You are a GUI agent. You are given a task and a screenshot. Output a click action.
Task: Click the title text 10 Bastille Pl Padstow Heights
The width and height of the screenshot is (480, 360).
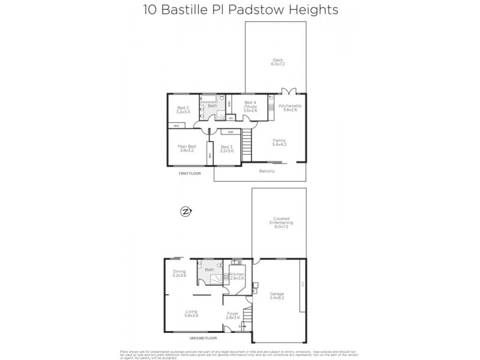click(240, 10)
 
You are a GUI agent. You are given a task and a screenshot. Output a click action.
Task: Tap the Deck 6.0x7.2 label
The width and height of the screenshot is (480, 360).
click(277, 62)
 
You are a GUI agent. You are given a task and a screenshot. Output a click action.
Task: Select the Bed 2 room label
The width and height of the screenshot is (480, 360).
click(183, 110)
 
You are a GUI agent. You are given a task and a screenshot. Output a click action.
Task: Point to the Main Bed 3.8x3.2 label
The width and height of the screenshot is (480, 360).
click(187, 148)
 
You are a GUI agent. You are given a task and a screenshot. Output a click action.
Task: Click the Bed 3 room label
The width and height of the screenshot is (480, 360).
click(226, 149)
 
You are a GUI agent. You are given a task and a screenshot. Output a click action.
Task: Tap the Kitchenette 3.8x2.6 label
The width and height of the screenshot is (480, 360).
click(290, 108)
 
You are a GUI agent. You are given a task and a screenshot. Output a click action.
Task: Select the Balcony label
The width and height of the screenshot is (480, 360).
click(267, 172)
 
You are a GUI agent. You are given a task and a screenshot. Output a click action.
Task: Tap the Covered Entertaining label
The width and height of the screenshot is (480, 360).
click(278, 223)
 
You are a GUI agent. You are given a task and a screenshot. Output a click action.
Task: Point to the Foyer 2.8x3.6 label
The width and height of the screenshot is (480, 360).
click(233, 316)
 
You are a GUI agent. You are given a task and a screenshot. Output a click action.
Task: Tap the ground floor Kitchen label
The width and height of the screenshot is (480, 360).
click(236, 277)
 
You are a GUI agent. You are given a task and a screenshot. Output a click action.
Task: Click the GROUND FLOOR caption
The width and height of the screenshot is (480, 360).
click(203, 339)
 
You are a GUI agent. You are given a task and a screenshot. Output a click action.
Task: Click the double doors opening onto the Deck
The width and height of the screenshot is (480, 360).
click(289, 91)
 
